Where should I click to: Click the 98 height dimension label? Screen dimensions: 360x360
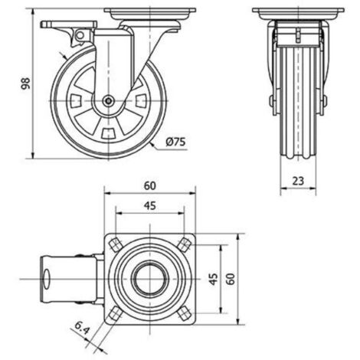(x=25, y=83)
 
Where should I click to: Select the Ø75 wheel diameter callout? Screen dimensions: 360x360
(x=175, y=142)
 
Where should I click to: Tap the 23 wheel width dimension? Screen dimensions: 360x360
(x=298, y=181)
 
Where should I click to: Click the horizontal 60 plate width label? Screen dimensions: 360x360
(x=149, y=186)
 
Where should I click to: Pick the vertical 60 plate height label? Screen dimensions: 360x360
(x=231, y=279)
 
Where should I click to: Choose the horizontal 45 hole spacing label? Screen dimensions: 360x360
(x=150, y=205)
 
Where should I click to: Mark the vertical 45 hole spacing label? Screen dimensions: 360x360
(x=214, y=279)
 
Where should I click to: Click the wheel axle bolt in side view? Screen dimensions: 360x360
(x=109, y=101)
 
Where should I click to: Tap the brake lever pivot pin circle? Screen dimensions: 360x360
(x=80, y=35)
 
